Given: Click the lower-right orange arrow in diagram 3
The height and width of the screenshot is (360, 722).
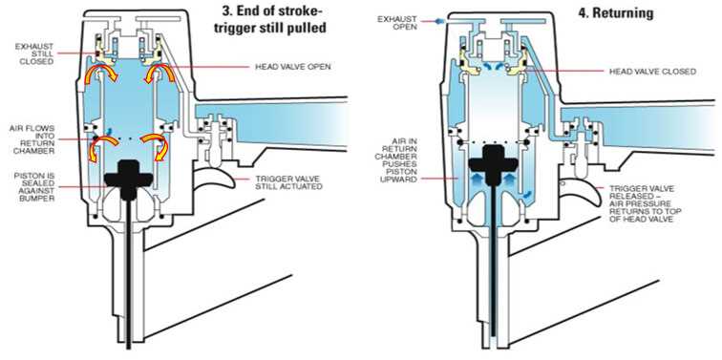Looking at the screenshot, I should (156, 146).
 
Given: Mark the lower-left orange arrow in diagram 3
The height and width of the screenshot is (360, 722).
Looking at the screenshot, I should (97, 146).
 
